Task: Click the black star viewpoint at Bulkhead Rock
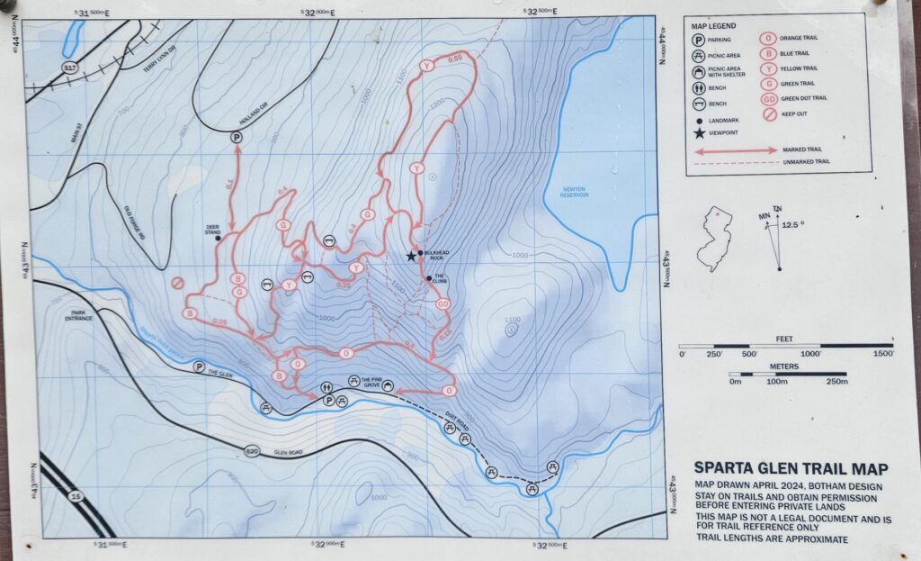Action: point(411,256)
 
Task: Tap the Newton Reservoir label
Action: point(573,192)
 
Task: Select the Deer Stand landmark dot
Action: point(219,239)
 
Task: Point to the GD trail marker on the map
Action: point(443,304)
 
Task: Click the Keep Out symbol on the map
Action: point(178,283)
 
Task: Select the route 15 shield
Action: point(74,495)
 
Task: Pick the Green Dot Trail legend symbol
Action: point(770,96)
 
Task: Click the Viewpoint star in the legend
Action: point(699,134)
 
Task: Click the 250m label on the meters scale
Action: point(836,382)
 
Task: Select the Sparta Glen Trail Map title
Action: point(791,468)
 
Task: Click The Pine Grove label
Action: point(371,381)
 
